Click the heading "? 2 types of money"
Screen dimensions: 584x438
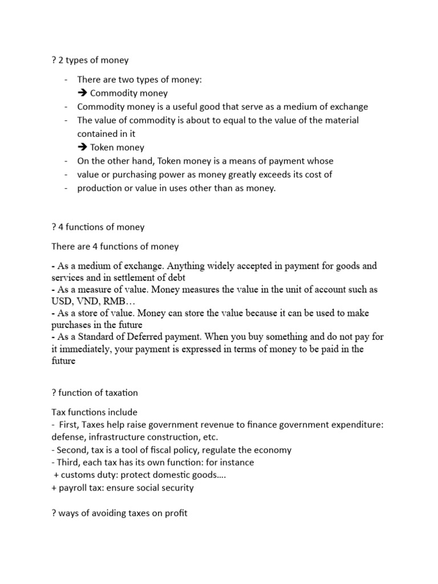coord(90,60)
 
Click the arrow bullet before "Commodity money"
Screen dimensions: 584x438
coord(82,93)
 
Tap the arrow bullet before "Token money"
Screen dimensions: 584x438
coord(82,147)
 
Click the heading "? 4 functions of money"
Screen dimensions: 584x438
coord(98,227)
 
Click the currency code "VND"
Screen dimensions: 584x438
coord(87,301)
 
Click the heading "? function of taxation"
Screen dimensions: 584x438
coord(94,393)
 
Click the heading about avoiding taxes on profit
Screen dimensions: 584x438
coord(119,513)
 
